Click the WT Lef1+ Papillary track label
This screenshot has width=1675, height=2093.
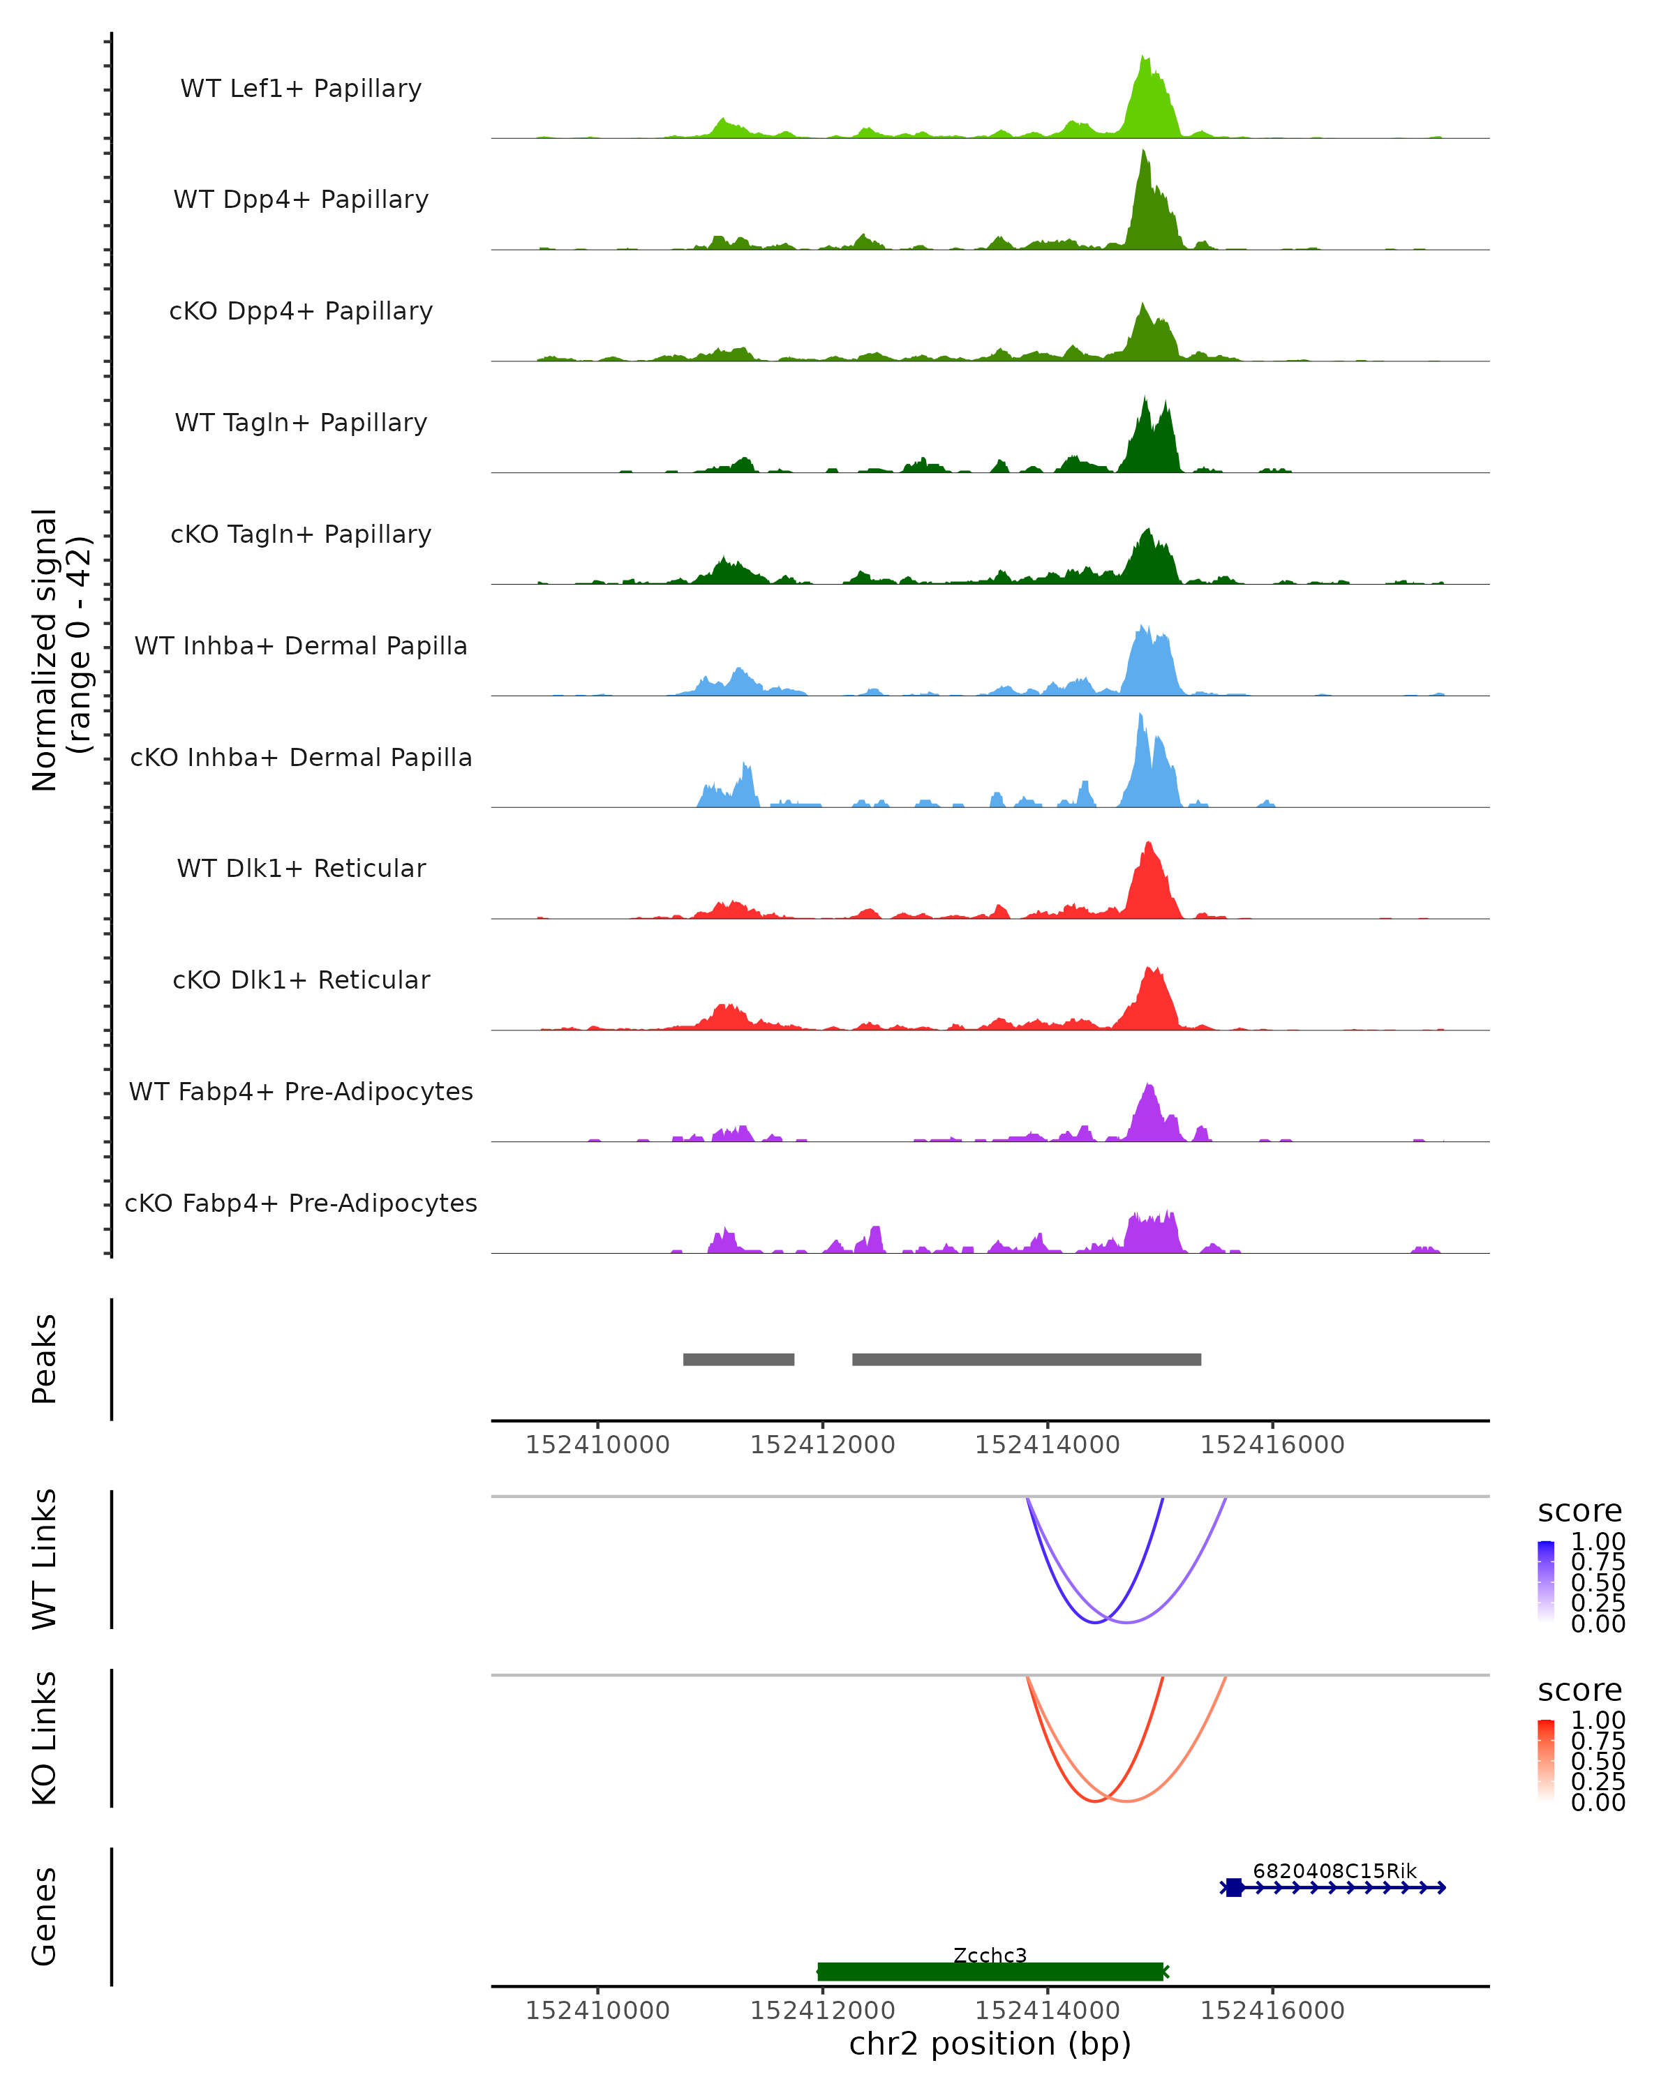301,89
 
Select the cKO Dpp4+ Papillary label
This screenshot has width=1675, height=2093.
301,312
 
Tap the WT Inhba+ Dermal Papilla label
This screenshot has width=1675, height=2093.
301,647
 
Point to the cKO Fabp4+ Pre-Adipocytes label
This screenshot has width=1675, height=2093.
301,1203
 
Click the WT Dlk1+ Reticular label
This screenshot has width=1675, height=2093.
301,869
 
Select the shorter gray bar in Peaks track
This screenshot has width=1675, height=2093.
739,1360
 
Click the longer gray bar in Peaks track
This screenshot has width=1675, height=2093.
1027,1360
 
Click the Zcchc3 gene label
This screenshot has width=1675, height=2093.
990,1955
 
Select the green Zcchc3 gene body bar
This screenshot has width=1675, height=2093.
990,1972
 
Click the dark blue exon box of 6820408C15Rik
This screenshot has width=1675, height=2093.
1234,1887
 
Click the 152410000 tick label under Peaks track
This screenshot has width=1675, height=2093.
597,1445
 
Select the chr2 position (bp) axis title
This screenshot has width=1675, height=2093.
990,2044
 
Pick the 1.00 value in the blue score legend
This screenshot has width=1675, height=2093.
1598,1542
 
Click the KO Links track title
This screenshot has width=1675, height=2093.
45,1738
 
